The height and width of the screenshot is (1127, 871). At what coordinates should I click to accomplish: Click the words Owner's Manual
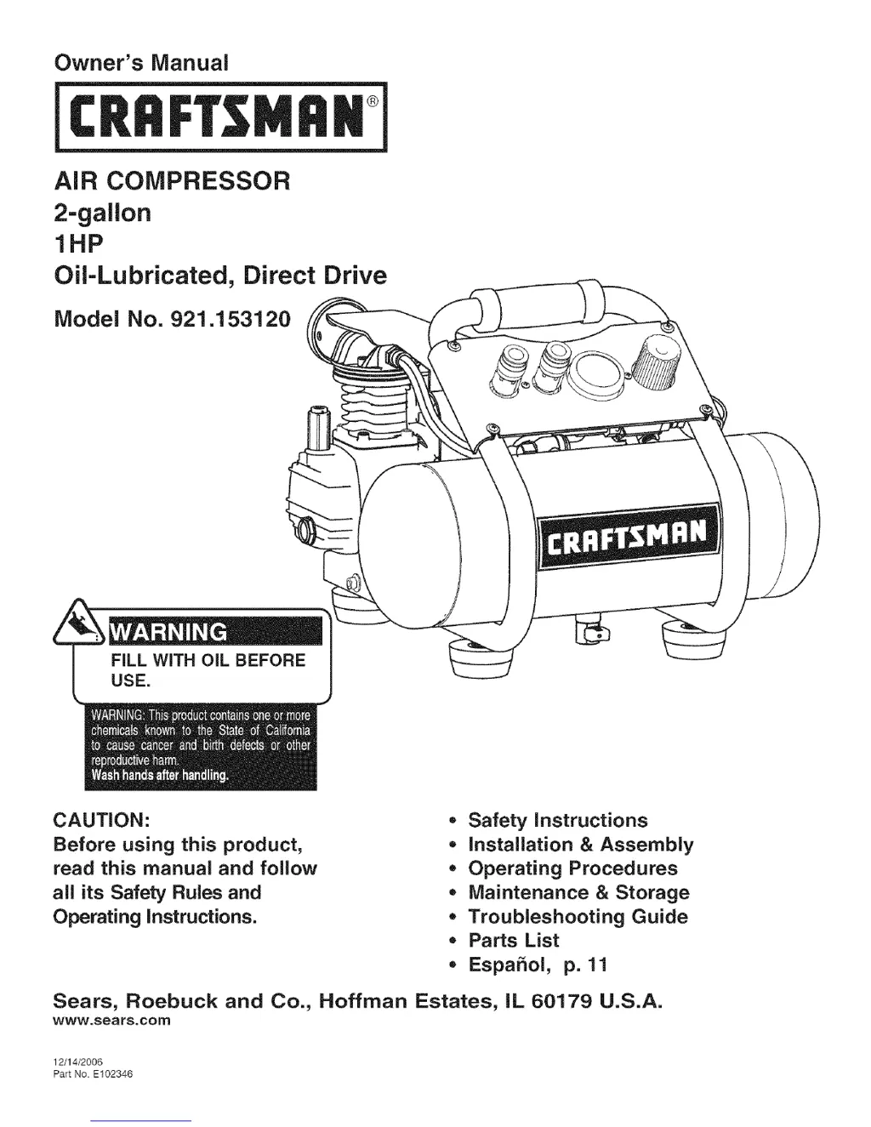point(141,64)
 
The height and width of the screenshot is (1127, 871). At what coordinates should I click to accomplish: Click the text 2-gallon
point(102,213)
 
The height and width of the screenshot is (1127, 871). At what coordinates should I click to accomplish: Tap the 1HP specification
point(77,244)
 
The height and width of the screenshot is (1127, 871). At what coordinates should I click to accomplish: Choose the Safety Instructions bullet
point(557,821)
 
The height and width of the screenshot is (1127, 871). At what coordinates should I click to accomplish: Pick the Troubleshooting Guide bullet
point(578,917)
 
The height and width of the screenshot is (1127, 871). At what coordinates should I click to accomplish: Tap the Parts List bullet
point(513,941)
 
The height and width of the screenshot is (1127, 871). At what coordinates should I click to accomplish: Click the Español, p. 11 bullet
point(538,965)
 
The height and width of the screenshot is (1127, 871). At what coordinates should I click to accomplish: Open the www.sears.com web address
point(112,1019)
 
